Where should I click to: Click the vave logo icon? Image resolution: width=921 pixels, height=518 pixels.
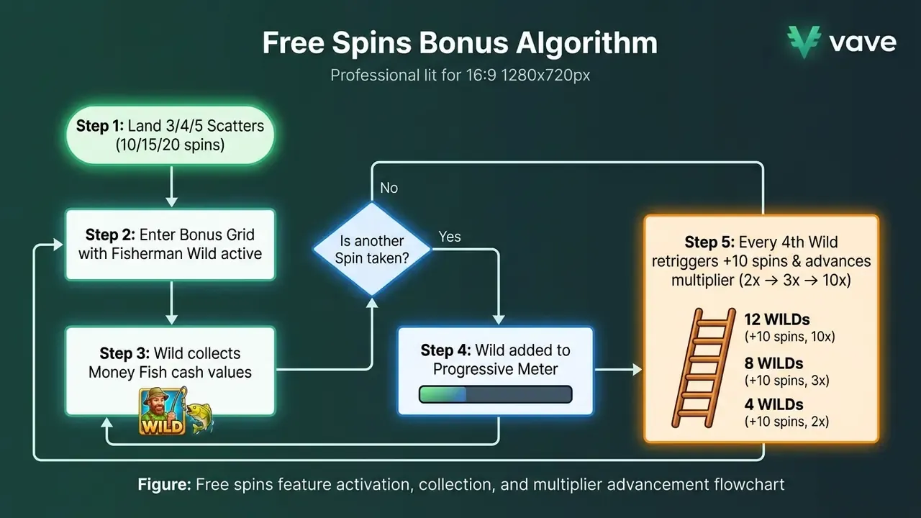coord(804,42)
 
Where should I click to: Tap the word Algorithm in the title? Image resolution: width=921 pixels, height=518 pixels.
coord(586,43)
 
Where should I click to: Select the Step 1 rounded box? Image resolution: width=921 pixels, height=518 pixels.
coord(171,135)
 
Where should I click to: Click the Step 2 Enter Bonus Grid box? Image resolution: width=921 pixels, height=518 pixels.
coord(171,245)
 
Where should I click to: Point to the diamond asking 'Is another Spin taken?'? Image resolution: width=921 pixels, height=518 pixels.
coord(372,249)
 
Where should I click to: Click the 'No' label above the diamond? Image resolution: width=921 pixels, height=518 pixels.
coord(389,188)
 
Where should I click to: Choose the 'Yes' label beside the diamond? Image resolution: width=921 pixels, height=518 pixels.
coord(450,237)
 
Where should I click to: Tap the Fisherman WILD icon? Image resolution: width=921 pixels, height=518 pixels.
coord(163,411)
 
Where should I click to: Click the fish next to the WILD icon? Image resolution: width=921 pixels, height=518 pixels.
coord(200,417)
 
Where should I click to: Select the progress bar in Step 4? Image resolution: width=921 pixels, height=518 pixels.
coord(496,394)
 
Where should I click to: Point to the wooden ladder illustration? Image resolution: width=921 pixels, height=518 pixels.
coord(704,368)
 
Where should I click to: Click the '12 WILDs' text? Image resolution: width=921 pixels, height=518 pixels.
coord(777,319)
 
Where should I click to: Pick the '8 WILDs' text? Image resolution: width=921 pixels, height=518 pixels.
coord(773,363)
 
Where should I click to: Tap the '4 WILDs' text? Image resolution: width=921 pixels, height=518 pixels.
coord(773,404)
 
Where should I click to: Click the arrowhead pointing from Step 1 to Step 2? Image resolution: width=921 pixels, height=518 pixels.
coord(171,202)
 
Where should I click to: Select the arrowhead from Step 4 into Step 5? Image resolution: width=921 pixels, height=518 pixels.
coord(637,370)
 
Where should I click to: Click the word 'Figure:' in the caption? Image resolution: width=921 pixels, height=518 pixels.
coord(165,484)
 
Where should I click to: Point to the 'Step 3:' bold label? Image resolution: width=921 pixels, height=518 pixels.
coord(124,353)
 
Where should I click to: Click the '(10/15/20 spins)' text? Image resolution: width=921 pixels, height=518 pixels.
coord(170,145)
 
